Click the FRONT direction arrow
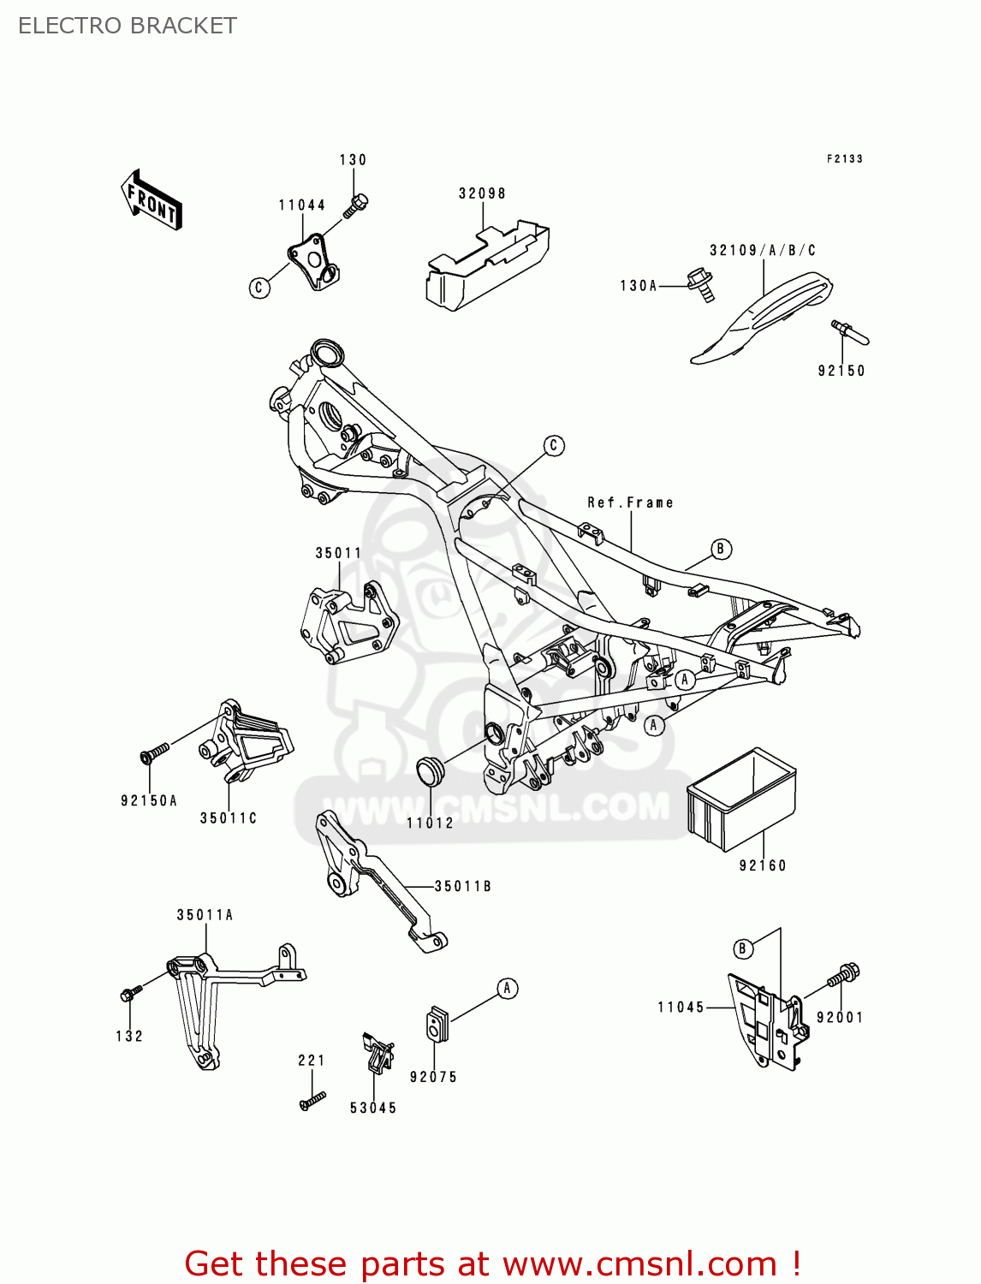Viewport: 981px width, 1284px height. (152, 200)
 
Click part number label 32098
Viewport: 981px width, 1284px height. (482, 193)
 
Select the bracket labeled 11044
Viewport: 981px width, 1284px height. (312, 261)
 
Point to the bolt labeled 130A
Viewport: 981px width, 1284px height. (700, 285)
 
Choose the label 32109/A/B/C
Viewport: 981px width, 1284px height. (763, 250)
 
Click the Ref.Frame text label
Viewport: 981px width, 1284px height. (630, 502)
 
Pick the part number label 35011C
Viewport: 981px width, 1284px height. (229, 818)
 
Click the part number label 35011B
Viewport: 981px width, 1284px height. (463, 887)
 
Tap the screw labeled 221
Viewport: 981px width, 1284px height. (312, 1100)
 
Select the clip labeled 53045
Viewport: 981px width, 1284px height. (378, 1054)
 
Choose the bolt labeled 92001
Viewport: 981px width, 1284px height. (843, 976)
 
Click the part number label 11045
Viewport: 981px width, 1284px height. (681, 1008)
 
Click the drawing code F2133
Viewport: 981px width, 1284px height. (844, 158)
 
